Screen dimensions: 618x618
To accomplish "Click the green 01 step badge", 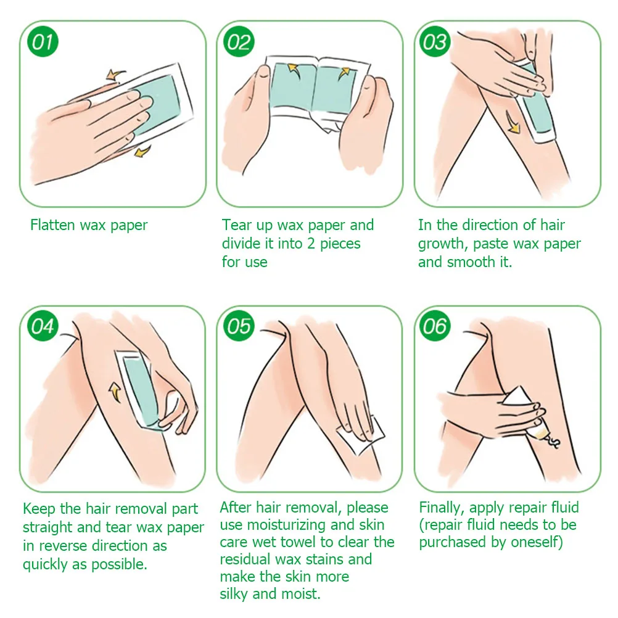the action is tap(43, 41).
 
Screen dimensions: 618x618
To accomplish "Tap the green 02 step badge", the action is tap(239, 41).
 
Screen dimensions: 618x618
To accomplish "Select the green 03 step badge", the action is tap(435, 41).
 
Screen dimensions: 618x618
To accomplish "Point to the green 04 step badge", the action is tap(43, 326).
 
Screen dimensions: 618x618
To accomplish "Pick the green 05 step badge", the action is tap(239, 326).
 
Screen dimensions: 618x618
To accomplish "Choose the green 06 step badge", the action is tap(435, 326).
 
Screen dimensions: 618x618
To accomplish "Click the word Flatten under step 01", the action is tap(52, 225).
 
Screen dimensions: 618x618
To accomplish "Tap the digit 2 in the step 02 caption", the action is tap(311, 244).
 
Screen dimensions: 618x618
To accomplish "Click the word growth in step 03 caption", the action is tap(443, 244).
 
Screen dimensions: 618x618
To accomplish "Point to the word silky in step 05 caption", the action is tap(234, 594).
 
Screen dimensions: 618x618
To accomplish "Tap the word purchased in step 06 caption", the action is tap(452, 543).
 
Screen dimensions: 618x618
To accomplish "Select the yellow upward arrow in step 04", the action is tap(115, 392).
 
